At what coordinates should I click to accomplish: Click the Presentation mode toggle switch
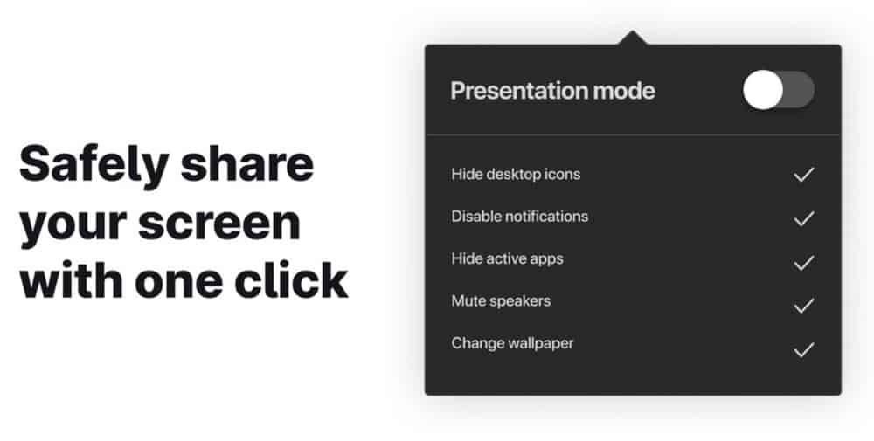(778, 90)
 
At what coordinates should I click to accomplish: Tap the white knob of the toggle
(763, 90)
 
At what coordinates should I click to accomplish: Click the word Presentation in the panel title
(518, 91)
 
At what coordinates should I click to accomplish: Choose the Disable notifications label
(519, 216)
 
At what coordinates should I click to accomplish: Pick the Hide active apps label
(507, 258)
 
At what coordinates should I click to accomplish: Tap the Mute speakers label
(501, 301)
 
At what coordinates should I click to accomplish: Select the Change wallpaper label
(512, 343)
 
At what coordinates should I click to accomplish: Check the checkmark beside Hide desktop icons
(804, 175)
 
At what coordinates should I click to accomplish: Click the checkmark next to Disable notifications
(804, 218)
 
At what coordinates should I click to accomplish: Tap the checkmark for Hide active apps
(804, 262)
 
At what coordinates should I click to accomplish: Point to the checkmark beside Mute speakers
(804, 306)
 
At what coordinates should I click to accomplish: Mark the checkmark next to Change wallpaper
(804, 349)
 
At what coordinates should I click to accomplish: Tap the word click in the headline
(291, 279)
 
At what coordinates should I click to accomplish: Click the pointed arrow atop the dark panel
(632, 38)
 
